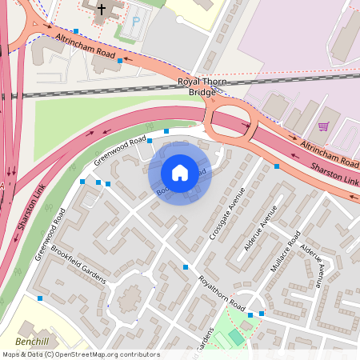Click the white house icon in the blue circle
[x=180, y=173]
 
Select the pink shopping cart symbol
[x=323, y=126]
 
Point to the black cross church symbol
[x=101, y=10]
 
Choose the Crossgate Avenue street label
[x=226, y=215]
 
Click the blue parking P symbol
[x=134, y=21]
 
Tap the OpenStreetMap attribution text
[x=80, y=354]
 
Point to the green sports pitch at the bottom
[x=235, y=337]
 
